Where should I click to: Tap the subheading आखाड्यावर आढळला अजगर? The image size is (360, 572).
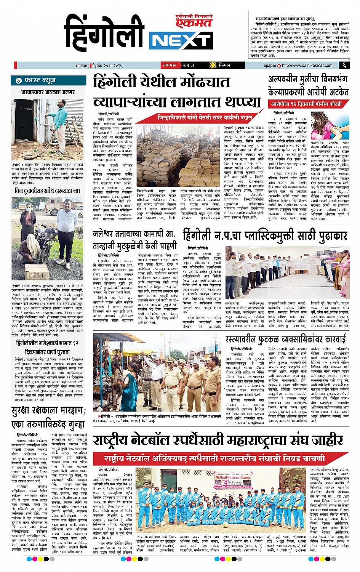pyautogui.click(x=46, y=92)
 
